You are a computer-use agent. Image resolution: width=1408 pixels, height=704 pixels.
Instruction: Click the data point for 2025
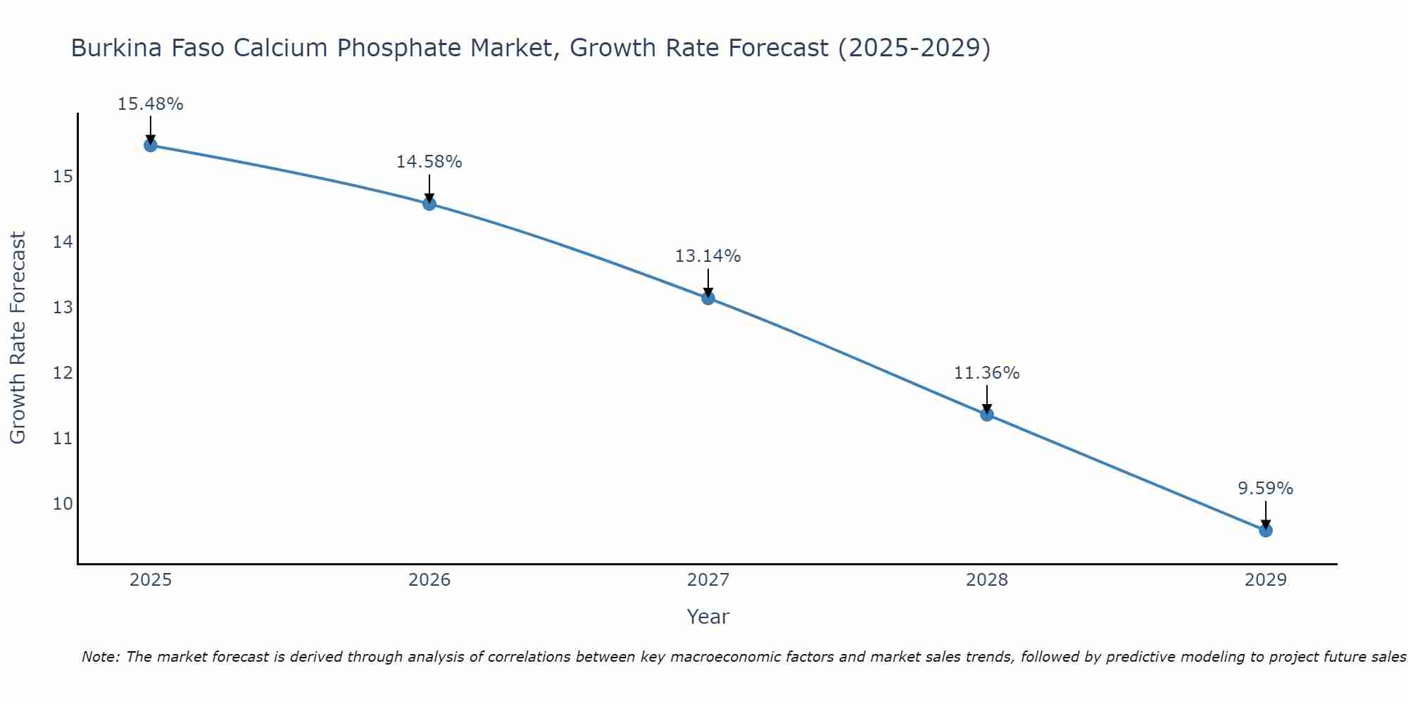pos(150,145)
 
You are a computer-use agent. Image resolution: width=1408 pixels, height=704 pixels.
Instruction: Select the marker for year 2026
pos(429,204)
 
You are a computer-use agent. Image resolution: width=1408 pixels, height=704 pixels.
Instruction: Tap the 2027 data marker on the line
pos(708,298)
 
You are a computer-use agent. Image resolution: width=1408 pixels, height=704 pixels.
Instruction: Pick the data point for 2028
pos(987,414)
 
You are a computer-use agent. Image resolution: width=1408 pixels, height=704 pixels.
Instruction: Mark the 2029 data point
pos(1266,530)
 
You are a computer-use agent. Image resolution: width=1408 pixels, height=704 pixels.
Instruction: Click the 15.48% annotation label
pos(150,104)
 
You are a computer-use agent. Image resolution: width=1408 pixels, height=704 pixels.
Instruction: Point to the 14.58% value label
pos(429,162)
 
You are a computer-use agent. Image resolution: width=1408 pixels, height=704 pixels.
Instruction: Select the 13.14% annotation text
pos(708,256)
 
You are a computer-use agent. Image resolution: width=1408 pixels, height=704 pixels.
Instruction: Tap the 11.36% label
pos(986,373)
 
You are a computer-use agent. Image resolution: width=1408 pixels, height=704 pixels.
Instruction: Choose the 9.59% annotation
pos(1265,489)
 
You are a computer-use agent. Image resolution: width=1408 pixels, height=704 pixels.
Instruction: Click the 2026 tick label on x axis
pos(429,580)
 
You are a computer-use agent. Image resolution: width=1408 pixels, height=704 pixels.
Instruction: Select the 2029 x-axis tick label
pos(1266,580)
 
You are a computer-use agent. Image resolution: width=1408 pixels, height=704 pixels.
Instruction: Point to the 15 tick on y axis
pos(63,177)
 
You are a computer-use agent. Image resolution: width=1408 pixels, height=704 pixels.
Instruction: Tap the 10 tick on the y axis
pos(63,504)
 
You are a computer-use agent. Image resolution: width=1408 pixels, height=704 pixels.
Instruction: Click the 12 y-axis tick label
pos(63,373)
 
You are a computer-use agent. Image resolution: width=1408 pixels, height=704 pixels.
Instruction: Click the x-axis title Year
pos(708,617)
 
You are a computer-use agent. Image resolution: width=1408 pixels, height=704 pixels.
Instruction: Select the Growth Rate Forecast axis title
pos(18,338)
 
